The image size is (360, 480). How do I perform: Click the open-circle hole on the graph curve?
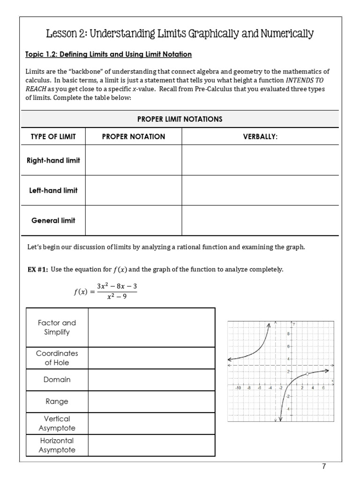coord(307,374)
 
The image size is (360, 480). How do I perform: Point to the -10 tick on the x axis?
coord(238,388)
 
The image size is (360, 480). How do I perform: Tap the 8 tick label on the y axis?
coord(288,333)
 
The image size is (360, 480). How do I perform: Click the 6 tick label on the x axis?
coord(323,388)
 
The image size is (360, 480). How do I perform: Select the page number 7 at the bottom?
coord(323,466)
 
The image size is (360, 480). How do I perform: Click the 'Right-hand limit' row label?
coord(53,160)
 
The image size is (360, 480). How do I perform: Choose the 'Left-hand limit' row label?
coord(53,190)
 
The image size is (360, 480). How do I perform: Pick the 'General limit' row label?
coord(53,220)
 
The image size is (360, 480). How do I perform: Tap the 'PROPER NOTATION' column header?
coord(134,136)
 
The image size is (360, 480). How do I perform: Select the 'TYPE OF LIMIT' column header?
coord(53,136)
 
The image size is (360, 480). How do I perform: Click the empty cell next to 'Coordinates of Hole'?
coord(151,358)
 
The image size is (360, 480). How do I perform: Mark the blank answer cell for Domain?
coord(151,380)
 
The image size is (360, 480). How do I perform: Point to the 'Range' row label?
coord(57,401)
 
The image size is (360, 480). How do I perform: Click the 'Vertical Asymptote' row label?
coord(57,423)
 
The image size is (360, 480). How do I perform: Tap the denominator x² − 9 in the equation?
coord(117,296)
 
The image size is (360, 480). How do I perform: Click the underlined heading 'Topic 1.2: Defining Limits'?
coord(108,54)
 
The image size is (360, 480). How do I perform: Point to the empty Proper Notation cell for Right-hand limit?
coord(134,160)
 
